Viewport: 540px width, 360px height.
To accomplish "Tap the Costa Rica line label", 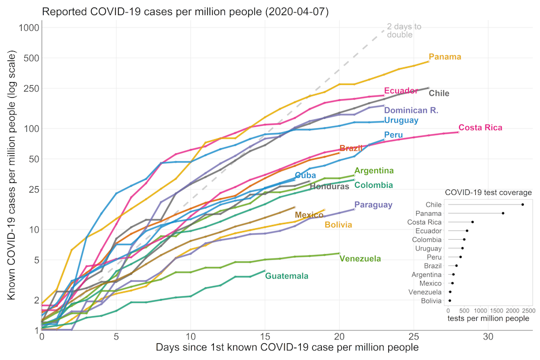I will coord(480,128).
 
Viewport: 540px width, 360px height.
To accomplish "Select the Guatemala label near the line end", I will coord(287,276).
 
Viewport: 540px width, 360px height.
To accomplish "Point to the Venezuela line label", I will coord(360,259).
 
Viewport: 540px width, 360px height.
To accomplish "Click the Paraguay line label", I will coord(373,205).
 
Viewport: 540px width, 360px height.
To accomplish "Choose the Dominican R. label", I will coord(411,110).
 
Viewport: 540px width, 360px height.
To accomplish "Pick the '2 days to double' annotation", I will coord(400,31).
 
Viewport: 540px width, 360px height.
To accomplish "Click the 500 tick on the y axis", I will coord(26,58).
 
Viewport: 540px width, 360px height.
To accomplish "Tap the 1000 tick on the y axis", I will coord(24,28).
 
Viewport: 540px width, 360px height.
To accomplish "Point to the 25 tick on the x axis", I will coord(414,336).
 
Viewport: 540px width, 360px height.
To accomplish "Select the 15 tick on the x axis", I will coord(265,336).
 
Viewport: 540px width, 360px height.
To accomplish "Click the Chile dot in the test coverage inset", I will coord(523,205).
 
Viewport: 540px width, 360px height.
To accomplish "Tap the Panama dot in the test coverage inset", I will coord(503,213).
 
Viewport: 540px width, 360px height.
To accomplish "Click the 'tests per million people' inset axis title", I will coord(488,319).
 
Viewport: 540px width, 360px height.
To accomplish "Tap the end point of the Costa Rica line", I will coord(458,132).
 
